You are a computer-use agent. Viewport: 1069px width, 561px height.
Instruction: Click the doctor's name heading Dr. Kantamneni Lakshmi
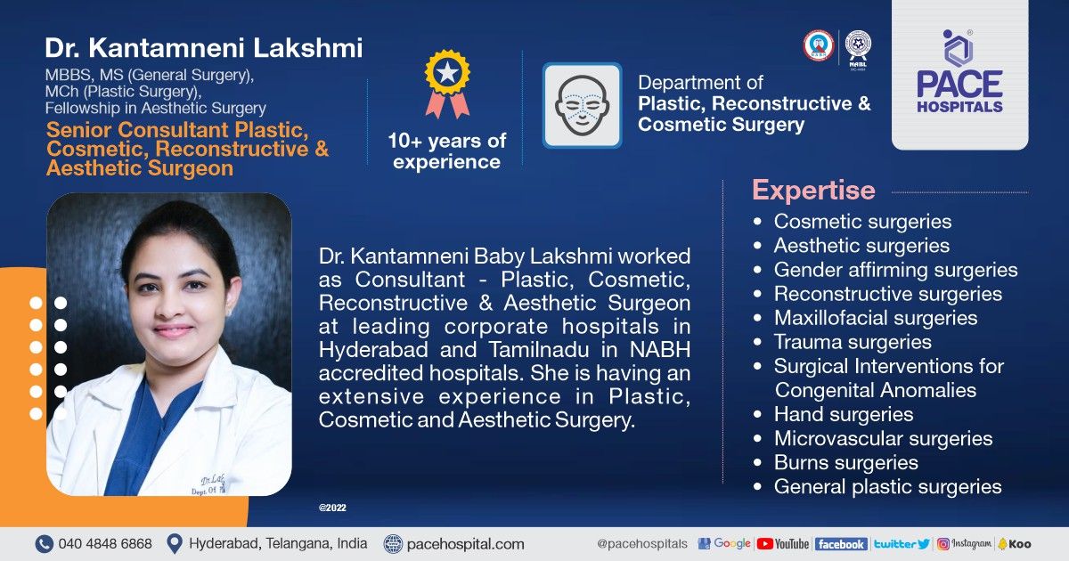pos(204,48)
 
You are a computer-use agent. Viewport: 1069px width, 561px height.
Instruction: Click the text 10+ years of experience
pos(446,151)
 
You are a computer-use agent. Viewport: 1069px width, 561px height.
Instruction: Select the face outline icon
pos(583,105)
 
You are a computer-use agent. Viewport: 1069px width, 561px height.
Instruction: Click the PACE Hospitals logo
pos(959,73)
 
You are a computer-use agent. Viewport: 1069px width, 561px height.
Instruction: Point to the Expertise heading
pos(813,191)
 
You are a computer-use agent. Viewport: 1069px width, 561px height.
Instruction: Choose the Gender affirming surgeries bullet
pos(894,270)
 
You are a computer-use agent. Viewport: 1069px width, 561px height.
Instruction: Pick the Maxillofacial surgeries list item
pos(875,318)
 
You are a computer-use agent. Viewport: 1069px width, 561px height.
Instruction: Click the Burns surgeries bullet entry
pos(845,462)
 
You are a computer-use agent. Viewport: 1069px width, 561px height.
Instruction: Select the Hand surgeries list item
pos(843,414)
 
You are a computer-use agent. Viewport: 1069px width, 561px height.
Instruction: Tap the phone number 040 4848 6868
pos(105,543)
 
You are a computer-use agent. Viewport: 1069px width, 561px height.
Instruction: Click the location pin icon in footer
pos(175,543)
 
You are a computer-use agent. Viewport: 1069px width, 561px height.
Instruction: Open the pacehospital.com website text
pos(465,543)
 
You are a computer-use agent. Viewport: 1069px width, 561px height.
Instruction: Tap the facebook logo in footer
pos(840,543)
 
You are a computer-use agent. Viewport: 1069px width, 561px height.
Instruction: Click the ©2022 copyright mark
pos(332,508)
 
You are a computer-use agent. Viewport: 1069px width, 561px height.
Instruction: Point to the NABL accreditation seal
pos(858,45)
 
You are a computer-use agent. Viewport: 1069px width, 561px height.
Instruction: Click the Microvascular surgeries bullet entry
pos(882,438)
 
